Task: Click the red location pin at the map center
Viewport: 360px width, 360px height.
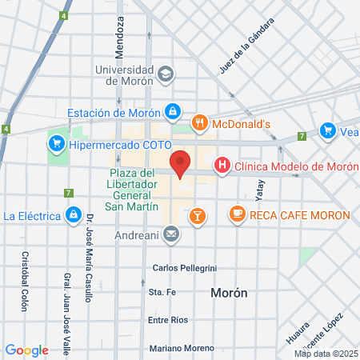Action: [181, 162]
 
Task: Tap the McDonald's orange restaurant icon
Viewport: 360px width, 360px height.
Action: [200, 123]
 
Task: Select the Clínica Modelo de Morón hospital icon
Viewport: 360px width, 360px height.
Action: [222, 166]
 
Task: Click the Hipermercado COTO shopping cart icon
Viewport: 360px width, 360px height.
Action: [56, 145]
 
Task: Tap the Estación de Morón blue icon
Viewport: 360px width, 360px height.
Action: [171, 111]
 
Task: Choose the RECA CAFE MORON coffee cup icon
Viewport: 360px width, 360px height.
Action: [237, 214]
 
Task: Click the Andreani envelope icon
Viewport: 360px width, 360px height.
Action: [170, 234]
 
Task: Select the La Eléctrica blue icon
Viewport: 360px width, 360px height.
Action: [73, 215]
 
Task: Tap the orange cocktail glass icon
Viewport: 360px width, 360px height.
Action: [197, 214]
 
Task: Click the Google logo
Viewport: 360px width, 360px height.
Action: [27, 350]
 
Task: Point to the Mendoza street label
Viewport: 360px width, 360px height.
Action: [120, 37]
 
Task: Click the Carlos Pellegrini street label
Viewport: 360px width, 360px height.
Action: [184, 267]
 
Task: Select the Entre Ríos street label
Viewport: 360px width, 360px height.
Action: [168, 320]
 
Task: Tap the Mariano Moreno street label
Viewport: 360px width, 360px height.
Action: [182, 348]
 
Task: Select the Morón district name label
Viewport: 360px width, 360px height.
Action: [229, 293]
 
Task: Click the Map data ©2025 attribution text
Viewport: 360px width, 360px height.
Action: [325, 353]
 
